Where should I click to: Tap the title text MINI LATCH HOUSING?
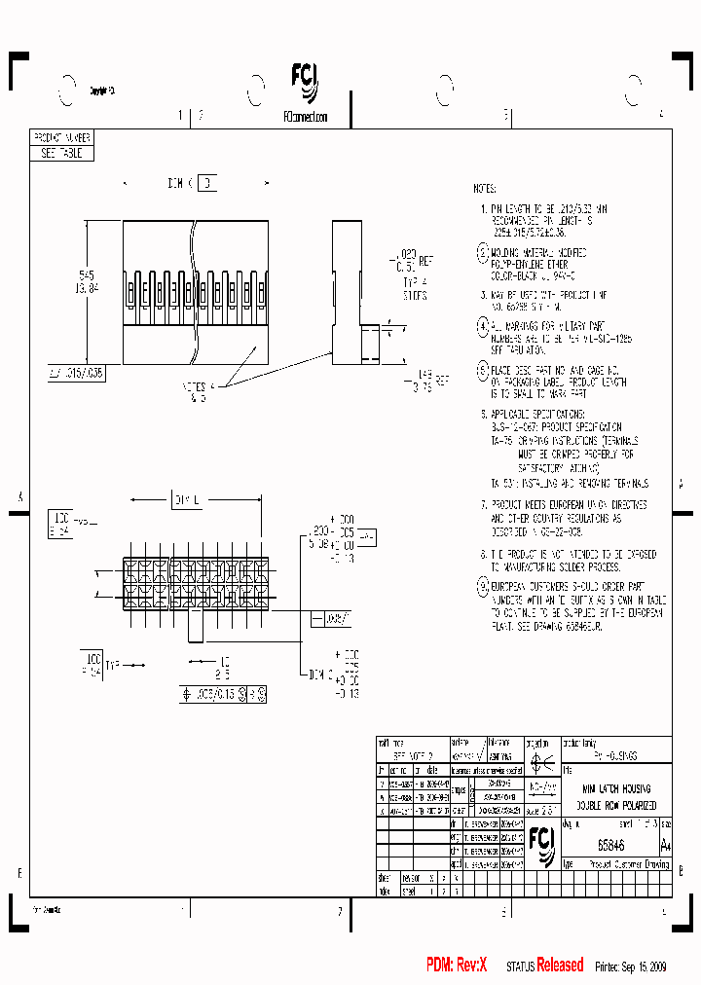pyautogui.click(x=616, y=788)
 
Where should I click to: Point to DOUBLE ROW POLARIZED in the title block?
pyautogui.click(x=616, y=806)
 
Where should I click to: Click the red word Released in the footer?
pyautogui.click(x=560, y=966)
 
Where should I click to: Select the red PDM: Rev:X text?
pyautogui.click(x=457, y=966)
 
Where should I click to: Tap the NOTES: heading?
pyautogui.click(x=485, y=189)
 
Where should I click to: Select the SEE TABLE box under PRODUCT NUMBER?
pyautogui.click(x=64, y=154)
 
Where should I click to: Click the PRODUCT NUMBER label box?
pyautogui.click(x=64, y=139)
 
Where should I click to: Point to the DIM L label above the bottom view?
pyautogui.click(x=186, y=499)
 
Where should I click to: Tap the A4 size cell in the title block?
pyautogui.click(x=666, y=844)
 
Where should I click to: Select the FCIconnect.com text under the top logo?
pyautogui.click(x=306, y=116)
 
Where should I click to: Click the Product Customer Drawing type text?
pyautogui.click(x=630, y=864)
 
